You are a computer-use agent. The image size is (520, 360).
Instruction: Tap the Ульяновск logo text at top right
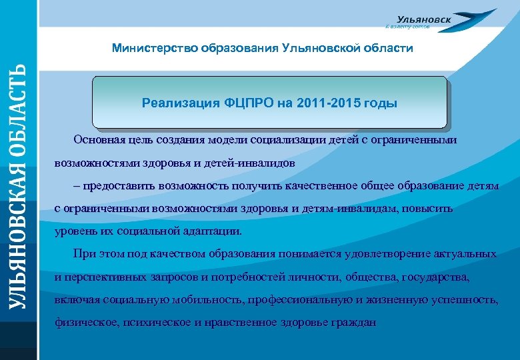[x=423, y=19]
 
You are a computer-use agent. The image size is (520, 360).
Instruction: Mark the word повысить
[x=430, y=209]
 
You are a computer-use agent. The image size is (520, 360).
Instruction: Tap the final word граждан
[x=355, y=322]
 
